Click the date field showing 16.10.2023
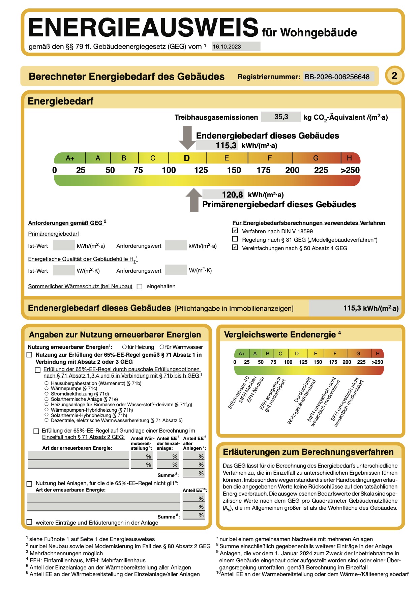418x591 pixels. (x=236, y=47)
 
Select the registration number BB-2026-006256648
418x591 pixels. (x=337, y=77)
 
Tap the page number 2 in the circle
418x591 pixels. (x=394, y=75)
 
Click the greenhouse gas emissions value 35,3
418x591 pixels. (x=281, y=117)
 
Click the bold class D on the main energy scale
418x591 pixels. (x=187, y=158)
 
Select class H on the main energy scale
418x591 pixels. (x=349, y=158)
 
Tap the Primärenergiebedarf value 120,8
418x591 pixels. (x=232, y=195)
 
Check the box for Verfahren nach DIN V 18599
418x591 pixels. (x=235, y=231)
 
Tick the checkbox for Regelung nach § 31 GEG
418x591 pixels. (x=235, y=239)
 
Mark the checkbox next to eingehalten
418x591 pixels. (x=140, y=287)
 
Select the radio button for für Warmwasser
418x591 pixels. (x=162, y=347)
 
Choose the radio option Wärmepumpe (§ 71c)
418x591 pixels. (x=47, y=388)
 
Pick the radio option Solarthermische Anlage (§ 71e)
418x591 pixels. (x=47, y=399)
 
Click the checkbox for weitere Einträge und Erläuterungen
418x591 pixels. (x=30, y=522)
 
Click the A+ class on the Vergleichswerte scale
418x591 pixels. (x=242, y=354)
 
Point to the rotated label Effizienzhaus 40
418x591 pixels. (x=238, y=393)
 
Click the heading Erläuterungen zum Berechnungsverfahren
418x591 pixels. (x=308, y=452)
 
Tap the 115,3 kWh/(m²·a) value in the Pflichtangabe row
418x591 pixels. (x=371, y=308)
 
